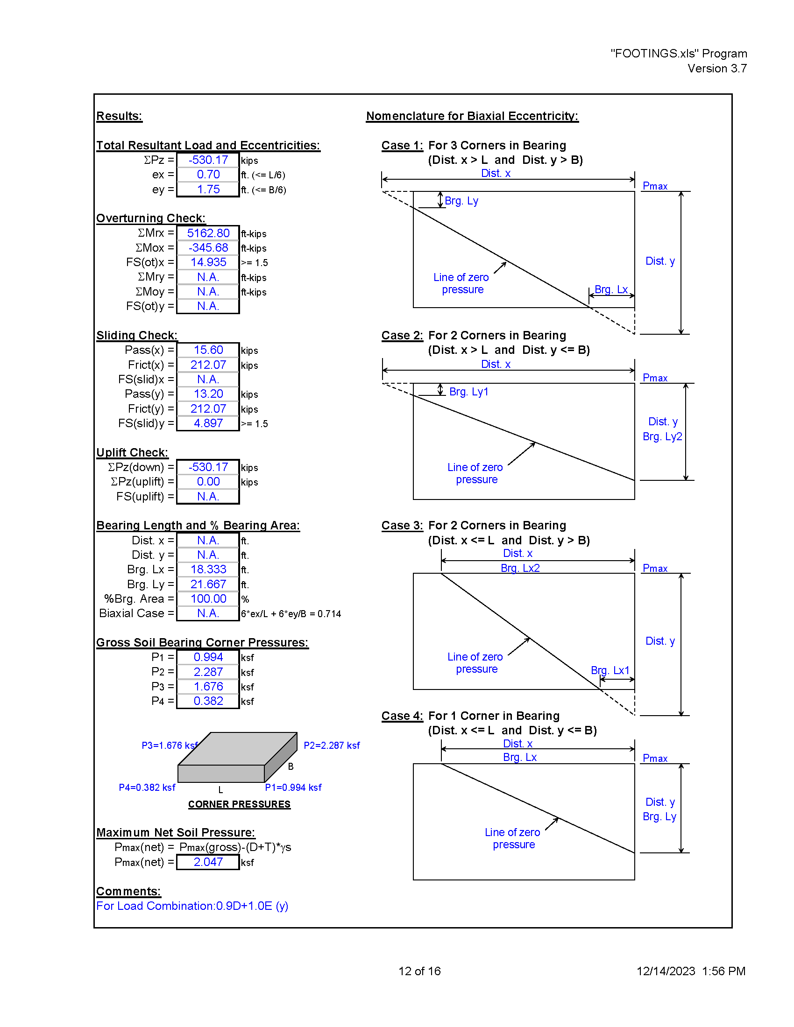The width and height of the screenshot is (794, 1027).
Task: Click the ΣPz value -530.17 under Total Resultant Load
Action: [x=208, y=160]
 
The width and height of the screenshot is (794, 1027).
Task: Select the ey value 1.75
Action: [x=208, y=190]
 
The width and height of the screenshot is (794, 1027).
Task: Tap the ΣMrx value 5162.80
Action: [x=208, y=233]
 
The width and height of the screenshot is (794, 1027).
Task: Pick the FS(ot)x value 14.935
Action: [x=208, y=262]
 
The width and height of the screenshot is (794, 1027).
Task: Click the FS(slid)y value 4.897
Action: [x=208, y=423]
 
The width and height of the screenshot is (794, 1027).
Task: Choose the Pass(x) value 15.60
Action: [x=208, y=350]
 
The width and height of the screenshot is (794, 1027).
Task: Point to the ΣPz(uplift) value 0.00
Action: [x=208, y=482]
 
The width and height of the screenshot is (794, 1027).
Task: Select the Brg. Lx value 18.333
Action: [x=208, y=570]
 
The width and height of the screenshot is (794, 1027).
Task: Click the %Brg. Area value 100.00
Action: [x=208, y=598]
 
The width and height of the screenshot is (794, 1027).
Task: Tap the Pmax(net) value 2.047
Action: [x=208, y=862]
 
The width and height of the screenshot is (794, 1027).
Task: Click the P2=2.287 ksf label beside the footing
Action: [x=332, y=746]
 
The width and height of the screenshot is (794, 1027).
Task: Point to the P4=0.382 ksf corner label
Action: [x=147, y=787]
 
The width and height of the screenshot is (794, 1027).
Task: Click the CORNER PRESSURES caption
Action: [x=240, y=804]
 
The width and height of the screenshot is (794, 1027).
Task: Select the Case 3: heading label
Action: [x=402, y=525]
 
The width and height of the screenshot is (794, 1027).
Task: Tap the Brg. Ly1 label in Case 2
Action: [x=469, y=392]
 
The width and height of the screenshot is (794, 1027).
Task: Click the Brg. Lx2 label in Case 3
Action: [x=520, y=568]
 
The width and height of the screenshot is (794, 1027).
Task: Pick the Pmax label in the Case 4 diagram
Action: [x=655, y=758]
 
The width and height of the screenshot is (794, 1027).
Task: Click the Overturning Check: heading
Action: [x=151, y=218]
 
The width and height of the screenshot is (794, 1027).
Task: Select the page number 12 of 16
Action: [x=419, y=971]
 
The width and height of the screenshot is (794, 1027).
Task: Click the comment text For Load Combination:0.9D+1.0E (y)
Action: [x=192, y=906]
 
